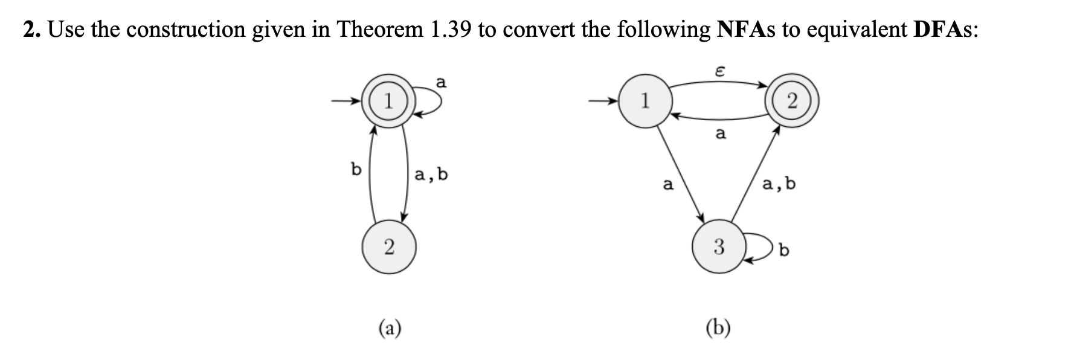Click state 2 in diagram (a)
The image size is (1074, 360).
(388, 246)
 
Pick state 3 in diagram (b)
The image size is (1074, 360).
(718, 246)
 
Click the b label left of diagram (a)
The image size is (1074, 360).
(356, 170)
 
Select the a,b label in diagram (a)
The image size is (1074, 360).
(431, 176)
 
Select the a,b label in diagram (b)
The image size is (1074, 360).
(779, 184)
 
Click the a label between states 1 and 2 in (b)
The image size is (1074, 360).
(719, 133)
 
